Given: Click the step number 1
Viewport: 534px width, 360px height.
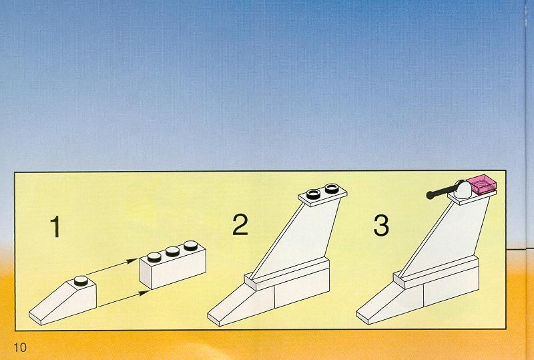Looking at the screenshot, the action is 55,226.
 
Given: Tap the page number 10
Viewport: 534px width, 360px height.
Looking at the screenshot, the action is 20,347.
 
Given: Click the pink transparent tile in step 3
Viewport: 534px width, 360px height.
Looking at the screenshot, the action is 481,184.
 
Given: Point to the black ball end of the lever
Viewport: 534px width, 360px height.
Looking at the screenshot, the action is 431,195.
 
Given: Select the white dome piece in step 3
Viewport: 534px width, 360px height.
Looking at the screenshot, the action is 463,189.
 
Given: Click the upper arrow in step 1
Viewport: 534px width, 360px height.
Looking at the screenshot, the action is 111,266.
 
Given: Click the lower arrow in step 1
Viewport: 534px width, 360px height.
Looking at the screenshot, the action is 124,299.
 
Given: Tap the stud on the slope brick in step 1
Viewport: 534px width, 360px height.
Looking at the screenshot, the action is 81,281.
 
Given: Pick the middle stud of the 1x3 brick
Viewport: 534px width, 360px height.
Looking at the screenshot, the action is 172,251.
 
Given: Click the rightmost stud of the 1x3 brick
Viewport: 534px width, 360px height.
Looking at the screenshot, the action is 190,246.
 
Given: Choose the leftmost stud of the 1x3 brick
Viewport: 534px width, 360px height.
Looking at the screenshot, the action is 154,257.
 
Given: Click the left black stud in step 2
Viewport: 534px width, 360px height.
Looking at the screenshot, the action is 313,194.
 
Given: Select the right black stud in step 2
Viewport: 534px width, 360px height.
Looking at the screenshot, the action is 332,188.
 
